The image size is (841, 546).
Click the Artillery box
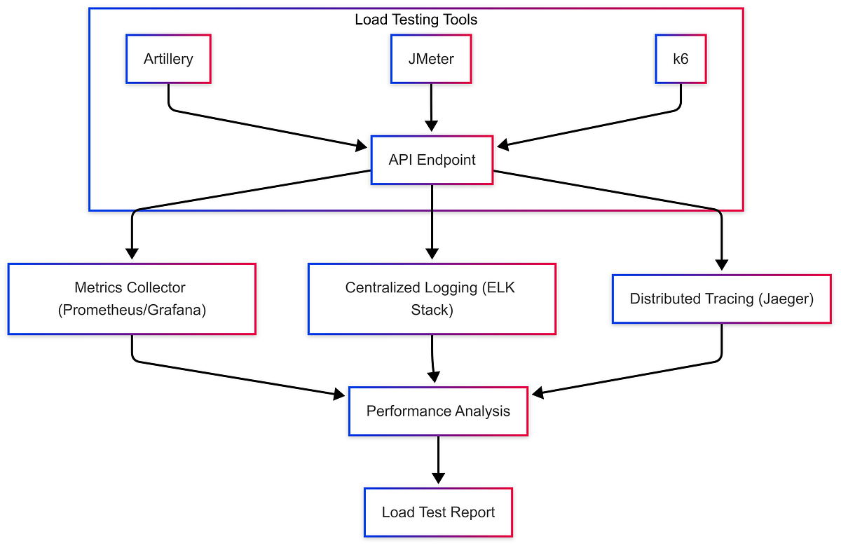pyautogui.click(x=168, y=59)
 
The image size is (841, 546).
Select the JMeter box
pyautogui.click(x=431, y=59)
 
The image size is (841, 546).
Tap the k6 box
pyautogui.click(x=680, y=59)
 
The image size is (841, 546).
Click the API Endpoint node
pyautogui.click(x=432, y=160)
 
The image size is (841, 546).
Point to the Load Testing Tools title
pyautogui.click(x=416, y=20)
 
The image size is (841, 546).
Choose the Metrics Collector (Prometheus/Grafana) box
pyautogui.click(x=132, y=299)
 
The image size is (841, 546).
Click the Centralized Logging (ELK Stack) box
pyautogui.click(x=432, y=299)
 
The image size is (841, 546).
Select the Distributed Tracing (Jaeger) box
pyautogui.click(x=721, y=299)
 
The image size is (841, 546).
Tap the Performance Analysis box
pyautogui.click(x=438, y=411)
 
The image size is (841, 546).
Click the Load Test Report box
pyautogui.click(x=438, y=512)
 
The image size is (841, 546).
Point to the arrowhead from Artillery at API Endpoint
pyautogui.click(x=361, y=146)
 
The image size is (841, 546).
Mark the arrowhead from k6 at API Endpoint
pyautogui.click(x=502, y=146)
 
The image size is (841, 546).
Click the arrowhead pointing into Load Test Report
pyautogui.click(x=438, y=479)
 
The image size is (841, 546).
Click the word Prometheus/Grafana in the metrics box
pyautogui.click(x=132, y=310)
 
